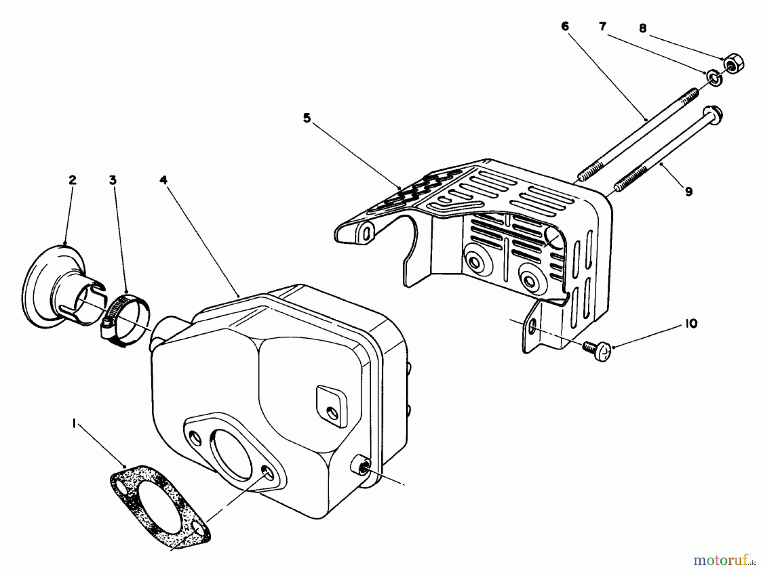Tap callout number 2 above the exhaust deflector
72,180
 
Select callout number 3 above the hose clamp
112,180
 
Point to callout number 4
164,180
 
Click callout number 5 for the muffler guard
307,118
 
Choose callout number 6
565,26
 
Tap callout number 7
603,26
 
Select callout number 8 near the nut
642,28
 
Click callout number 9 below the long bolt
689,192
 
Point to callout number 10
690,324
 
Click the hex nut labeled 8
736,64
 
